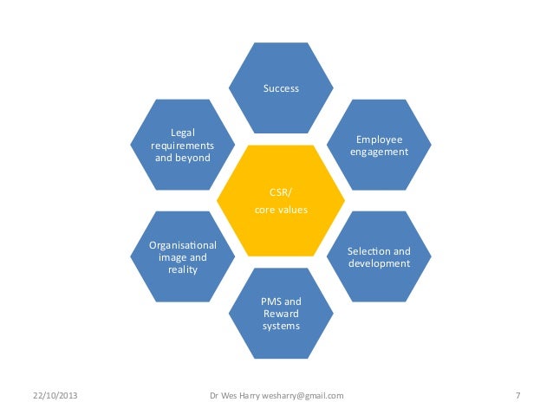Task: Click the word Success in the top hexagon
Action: pos(281,88)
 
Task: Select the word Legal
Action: pos(182,132)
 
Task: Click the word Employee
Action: pos(379,139)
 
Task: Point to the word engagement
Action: pos(379,152)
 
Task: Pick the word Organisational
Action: pos(182,244)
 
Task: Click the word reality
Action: pos(182,269)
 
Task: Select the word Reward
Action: pos(281,313)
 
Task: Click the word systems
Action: pos(281,326)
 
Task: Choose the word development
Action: pos(379,263)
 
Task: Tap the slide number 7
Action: pos(517,396)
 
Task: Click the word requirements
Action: pos(182,145)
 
